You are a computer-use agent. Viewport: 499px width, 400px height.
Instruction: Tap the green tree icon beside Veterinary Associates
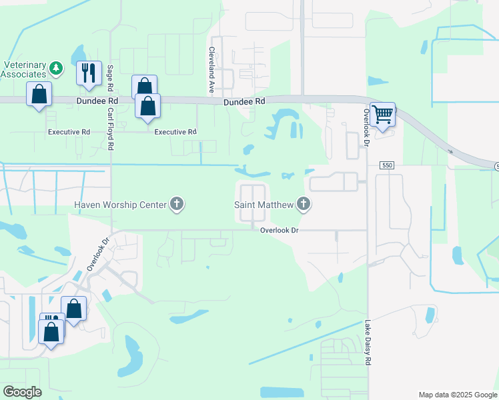(x=57, y=67)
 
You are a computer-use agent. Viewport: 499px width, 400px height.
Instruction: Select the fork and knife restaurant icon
(x=89, y=71)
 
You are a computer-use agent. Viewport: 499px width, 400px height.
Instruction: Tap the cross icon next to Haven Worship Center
(x=177, y=204)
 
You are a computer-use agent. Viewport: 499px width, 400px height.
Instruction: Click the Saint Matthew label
(x=264, y=204)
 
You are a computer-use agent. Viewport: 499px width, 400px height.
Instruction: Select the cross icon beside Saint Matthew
(x=304, y=204)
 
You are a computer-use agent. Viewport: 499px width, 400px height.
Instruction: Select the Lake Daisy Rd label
(x=368, y=342)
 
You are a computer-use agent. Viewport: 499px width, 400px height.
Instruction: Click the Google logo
(x=21, y=392)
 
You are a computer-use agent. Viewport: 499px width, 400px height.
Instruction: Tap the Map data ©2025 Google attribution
(x=457, y=394)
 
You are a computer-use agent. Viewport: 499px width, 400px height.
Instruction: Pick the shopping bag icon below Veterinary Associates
(x=39, y=95)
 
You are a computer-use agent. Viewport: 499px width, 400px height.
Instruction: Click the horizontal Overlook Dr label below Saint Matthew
(x=278, y=230)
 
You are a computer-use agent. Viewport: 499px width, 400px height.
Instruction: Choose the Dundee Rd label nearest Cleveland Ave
(x=244, y=101)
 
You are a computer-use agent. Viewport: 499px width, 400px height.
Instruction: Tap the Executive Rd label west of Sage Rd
(x=69, y=132)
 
